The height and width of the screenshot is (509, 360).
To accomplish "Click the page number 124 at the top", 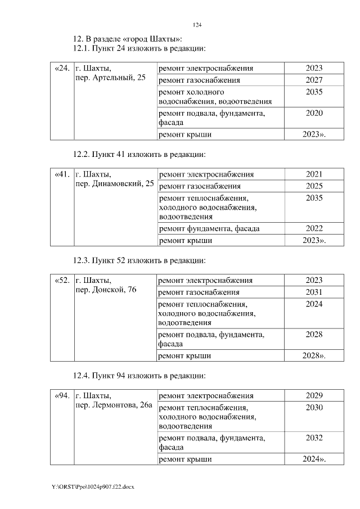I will coord(197,25).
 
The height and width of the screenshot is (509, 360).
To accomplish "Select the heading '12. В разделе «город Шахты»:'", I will coord(128,39).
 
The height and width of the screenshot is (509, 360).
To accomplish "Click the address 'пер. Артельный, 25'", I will coord(110,78).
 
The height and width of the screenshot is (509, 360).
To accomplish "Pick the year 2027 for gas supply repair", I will coord(314,80).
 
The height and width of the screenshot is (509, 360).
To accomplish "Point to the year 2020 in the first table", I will coord(314,113).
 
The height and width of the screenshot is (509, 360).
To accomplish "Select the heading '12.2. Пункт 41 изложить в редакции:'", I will coord(139,154).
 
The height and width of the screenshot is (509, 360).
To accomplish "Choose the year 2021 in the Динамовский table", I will coord(314,174).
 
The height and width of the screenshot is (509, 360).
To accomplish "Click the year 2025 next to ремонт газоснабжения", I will coord(314,186).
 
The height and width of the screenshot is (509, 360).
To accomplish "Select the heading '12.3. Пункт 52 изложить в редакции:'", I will coord(139,260).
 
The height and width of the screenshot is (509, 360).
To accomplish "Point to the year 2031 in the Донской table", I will coord(314,292).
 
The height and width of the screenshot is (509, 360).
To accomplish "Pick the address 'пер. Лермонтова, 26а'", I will coord(114,406).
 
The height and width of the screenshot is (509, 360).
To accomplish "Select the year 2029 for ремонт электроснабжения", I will coord(314,396).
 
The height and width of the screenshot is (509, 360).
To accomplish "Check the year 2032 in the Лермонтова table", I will coord(314,437).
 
